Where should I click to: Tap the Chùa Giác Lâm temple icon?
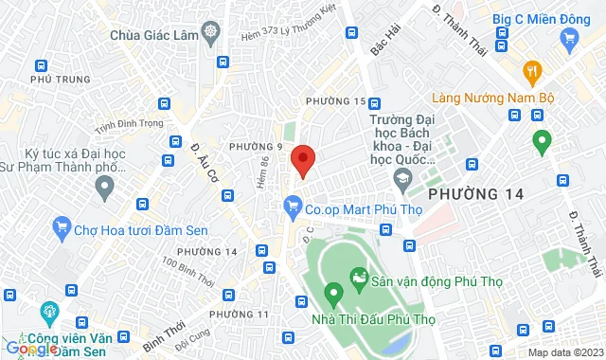(x=209, y=32)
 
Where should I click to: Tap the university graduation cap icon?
(x=404, y=178)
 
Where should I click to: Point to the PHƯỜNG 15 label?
(x=333, y=102)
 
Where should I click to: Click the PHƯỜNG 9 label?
(x=256, y=146)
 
